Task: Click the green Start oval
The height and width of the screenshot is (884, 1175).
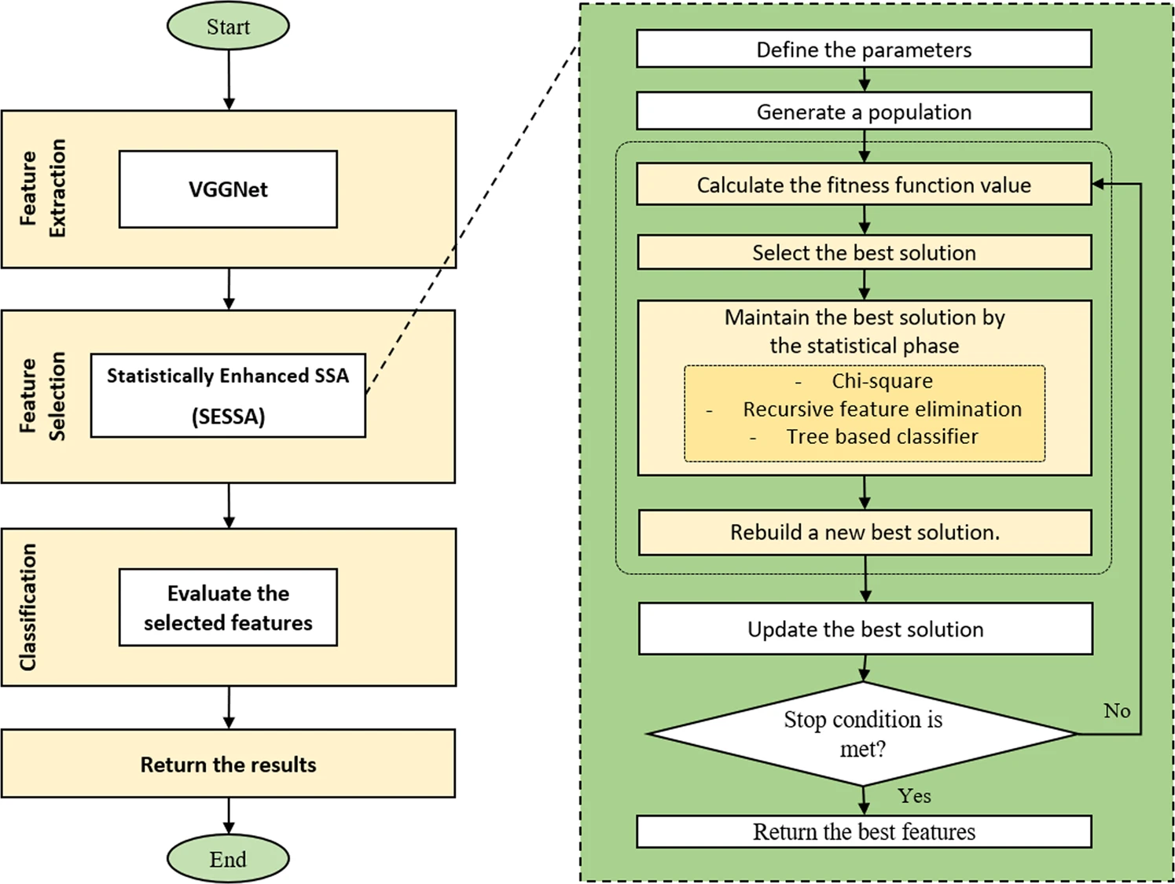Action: point(228,26)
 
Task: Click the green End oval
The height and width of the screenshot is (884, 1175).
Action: point(228,859)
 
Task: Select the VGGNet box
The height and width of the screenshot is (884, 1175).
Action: point(228,189)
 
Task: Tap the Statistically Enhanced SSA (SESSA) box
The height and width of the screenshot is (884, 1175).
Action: point(228,395)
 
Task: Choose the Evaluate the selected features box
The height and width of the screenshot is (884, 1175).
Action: point(228,607)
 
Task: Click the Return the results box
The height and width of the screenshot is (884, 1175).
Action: point(228,764)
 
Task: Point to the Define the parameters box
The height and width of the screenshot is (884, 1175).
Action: point(864,49)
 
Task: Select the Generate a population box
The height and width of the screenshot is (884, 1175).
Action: point(864,111)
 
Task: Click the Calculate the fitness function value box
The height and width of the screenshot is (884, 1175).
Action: point(864,184)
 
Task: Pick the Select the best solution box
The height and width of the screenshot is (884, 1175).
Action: point(864,252)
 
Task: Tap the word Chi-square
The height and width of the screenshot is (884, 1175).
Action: point(882,381)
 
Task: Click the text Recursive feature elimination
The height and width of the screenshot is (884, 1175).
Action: point(882,409)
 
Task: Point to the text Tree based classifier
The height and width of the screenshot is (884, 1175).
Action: point(882,437)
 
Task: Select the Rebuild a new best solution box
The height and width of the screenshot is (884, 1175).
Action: point(865,533)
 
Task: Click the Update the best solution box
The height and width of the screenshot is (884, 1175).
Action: point(865,629)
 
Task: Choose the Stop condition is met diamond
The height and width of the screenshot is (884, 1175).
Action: point(862,734)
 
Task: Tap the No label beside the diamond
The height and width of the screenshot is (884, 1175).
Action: point(1117,710)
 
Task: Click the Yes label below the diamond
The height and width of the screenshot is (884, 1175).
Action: point(914,796)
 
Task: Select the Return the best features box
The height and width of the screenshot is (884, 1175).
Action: point(864,832)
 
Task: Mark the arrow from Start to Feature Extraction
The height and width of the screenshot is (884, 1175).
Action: point(229,80)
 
